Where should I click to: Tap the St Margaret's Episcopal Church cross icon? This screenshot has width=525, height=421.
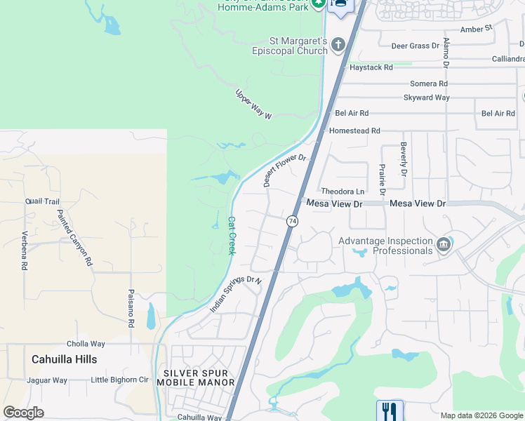(338, 46)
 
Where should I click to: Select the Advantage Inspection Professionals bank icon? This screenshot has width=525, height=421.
(443, 245)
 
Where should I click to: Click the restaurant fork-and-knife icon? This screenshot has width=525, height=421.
(390, 410)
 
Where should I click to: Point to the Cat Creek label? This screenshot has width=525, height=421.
(231, 235)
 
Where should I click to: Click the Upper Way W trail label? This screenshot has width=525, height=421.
(253, 104)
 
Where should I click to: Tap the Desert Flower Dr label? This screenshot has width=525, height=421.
(285, 171)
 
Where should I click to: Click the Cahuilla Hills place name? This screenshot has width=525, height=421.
(65, 359)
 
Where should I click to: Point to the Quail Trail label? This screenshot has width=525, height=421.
(42, 201)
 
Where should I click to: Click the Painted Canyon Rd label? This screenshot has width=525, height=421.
(74, 237)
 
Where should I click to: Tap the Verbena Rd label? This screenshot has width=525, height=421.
(24, 251)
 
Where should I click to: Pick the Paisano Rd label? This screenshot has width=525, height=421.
(131, 309)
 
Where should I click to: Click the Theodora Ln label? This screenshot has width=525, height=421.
(343, 192)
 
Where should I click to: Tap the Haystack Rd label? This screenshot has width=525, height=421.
(371, 67)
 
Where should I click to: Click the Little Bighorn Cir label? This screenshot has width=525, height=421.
(120, 380)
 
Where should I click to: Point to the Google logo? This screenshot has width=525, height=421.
(23, 413)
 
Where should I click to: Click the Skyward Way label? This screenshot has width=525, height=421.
(426, 98)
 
